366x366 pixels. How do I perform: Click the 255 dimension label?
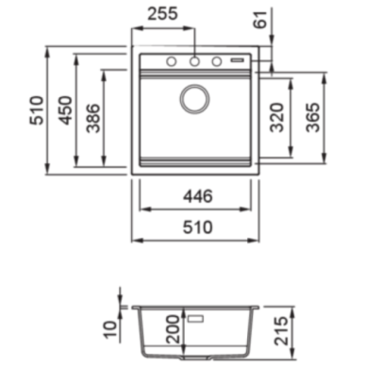[163, 13]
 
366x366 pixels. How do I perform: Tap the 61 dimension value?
[260, 20]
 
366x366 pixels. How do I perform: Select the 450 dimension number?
[66, 110]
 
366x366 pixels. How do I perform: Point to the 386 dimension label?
[93, 118]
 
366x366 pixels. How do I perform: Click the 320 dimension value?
[277, 117]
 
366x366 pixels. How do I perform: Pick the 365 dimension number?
[313, 117]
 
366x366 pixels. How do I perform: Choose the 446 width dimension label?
[198, 196]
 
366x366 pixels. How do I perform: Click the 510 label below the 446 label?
[198, 227]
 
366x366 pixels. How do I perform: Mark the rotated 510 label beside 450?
[37, 110]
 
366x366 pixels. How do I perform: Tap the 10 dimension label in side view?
[111, 329]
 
